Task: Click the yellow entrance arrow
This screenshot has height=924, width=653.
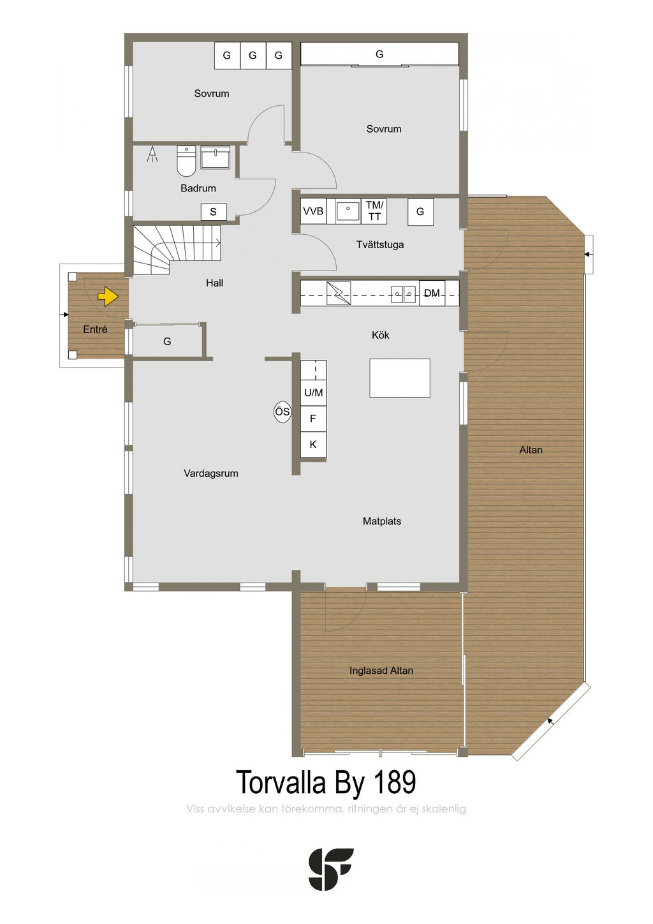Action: pyautogui.click(x=108, y=296)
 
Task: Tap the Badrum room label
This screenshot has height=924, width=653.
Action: pyautogui.click(x=198, y=188)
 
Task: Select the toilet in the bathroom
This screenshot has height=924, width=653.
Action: pyautogui.click(x=186, y=161)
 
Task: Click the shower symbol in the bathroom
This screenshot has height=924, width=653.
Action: pyautogui.click(x=152, y=154)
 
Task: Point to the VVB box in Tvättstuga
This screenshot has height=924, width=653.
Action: pyautogui.click(x=313, y=211)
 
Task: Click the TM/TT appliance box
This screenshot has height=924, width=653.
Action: pyautogui.click(x=374, y=211)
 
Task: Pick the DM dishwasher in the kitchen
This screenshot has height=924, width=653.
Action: pyautogui.click(x=432, y=294)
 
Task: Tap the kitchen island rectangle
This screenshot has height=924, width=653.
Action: pyautogui.click(x=399, y=378)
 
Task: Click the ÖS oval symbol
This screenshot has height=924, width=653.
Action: pyautogui.click(x=282, y=412)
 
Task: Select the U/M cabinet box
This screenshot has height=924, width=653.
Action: pyautogui.click(x=313, y=392)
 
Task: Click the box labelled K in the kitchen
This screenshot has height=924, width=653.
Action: pyautogui.click(x=313, y=444)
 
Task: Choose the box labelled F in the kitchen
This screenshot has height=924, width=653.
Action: pyautogui.click(x=313, y=419)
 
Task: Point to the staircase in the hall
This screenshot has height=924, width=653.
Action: pyautogui.click(x=177, y=250)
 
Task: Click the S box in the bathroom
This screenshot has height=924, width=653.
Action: pyautogui.click(x=214, y=212)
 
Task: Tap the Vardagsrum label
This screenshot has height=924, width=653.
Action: pyautogui.click(x=210, y=473)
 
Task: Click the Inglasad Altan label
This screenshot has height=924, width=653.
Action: pyautogui.click(x=381, y=670)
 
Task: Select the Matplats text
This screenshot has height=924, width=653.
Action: pyautogui.click(x=382, y=521)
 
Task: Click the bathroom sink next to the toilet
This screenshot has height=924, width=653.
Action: pyautogui.click(x=215, y=157)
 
